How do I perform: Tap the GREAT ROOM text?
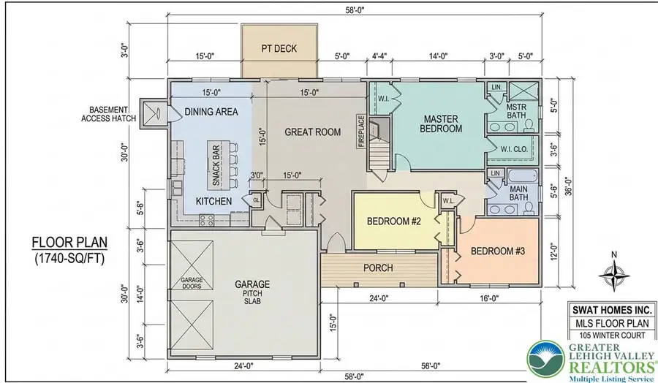(313, 132)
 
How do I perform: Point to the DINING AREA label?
(212, 112)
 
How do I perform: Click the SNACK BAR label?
(216, 166)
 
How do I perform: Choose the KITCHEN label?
(213, 201)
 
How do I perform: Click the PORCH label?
(378, 268)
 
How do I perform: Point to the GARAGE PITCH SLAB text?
(252, 292)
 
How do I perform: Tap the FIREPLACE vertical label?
(361, 131)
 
